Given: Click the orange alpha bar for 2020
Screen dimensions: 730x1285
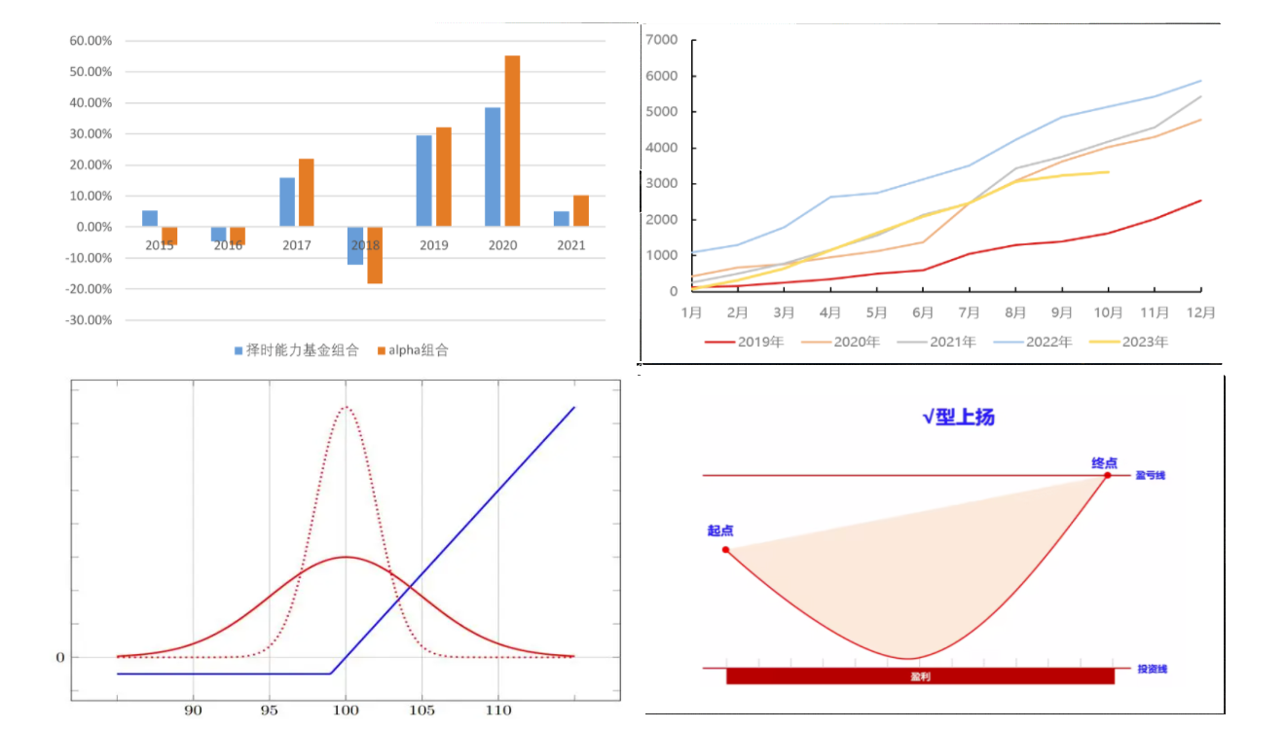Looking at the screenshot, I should pos(512,141).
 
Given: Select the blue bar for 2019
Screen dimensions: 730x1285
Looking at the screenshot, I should pos(423,181).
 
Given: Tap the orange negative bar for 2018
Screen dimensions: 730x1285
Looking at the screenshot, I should pos(375,255).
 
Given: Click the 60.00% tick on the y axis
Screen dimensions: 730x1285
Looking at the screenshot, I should pos(91,41).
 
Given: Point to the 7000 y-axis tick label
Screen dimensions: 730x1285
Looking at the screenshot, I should pos(662,40).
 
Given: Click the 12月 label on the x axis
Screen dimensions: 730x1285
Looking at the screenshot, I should pos(1201,312).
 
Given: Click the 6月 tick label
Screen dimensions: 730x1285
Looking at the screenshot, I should pos(923,312).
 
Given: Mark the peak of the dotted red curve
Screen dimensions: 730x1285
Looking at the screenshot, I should pos(346,407).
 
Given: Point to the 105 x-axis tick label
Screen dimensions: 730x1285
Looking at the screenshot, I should pos(422,711).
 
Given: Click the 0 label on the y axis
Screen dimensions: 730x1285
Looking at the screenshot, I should pos(59,657).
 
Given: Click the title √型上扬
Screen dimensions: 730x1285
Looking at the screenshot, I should pos(958,418).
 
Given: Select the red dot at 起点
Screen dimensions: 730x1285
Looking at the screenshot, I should pos(725,550).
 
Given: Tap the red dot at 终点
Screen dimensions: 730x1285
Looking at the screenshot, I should pos(1107,475).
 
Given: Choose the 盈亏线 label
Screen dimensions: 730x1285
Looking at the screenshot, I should pos(1151,476).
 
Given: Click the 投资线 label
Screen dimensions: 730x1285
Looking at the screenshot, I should pos(1152,669).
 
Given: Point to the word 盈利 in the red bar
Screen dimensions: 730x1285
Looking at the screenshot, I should pos(920,676).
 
